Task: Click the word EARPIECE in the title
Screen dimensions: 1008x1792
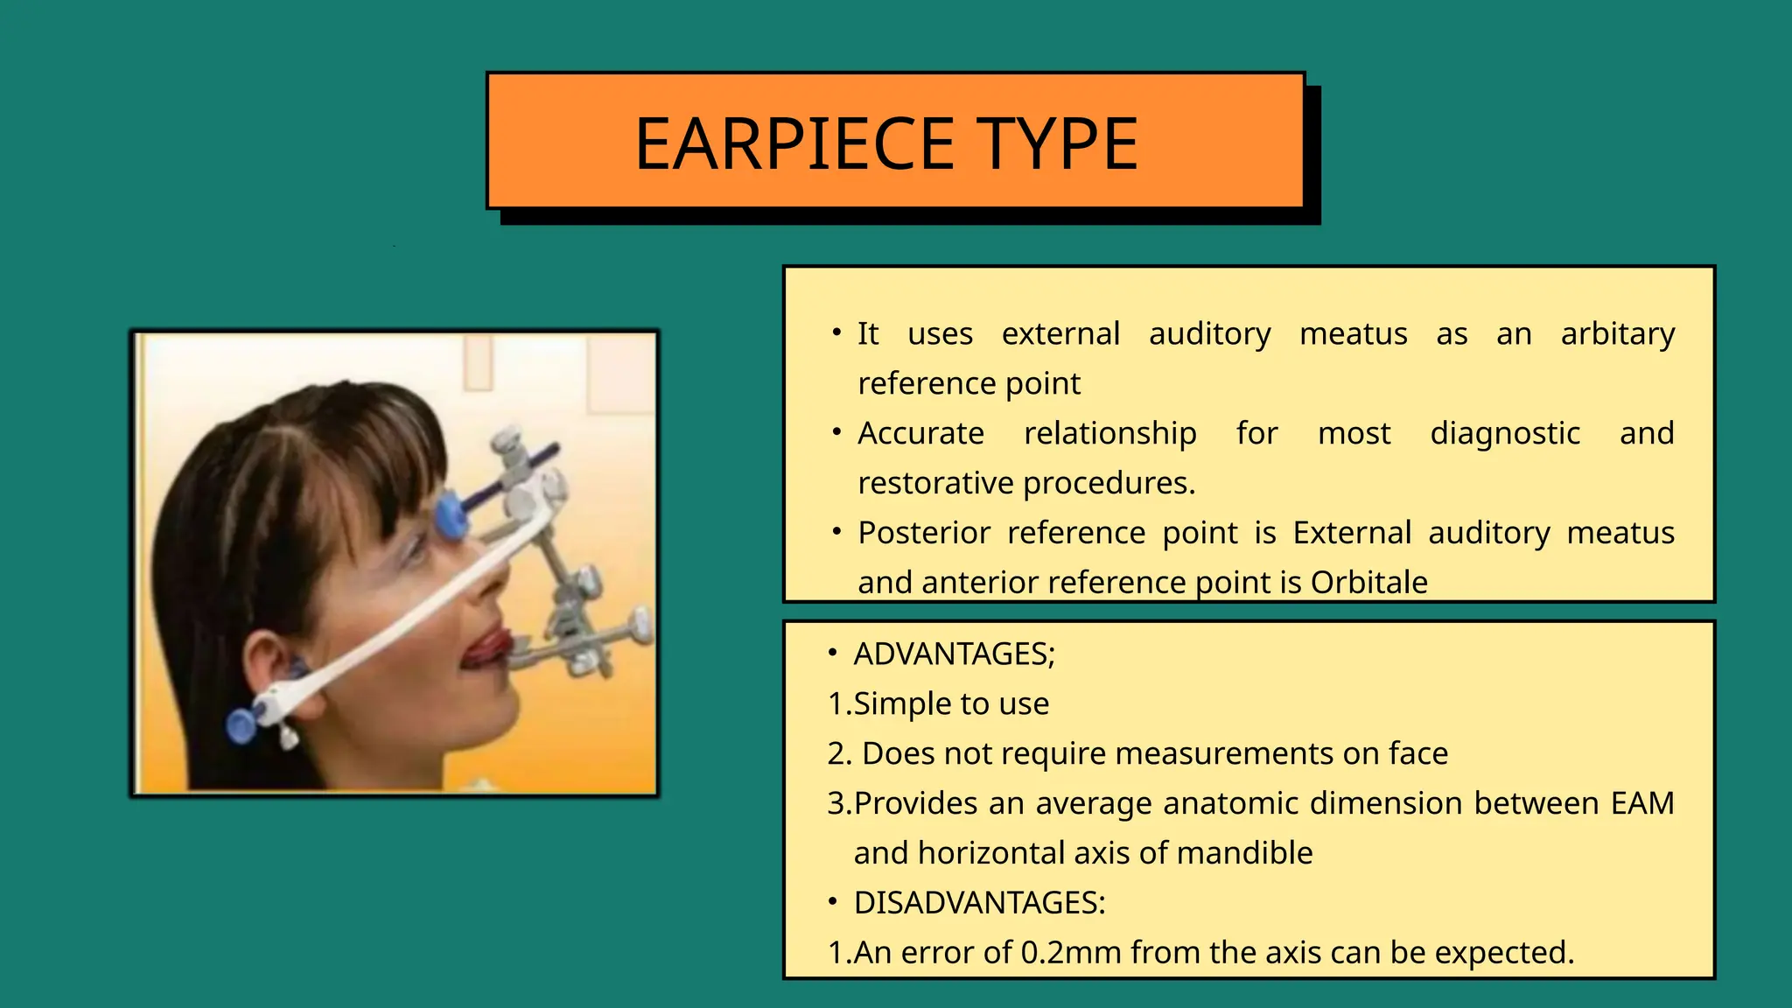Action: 794,143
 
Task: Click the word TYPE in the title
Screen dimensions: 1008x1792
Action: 1057,143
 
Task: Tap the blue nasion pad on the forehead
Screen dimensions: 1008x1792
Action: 451,514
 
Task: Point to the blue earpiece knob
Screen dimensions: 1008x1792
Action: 241,725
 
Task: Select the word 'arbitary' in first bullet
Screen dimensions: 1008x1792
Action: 1617,334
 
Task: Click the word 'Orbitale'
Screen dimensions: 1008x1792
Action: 1368,583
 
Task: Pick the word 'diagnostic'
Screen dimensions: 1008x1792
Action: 1504,434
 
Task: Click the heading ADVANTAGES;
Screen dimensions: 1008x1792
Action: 955,654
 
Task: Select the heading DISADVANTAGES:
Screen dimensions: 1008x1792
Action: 979,903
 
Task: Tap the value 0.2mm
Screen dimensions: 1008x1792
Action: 1071,953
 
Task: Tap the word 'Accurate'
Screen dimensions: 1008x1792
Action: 920,434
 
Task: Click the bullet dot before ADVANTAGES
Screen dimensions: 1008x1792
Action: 833,654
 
